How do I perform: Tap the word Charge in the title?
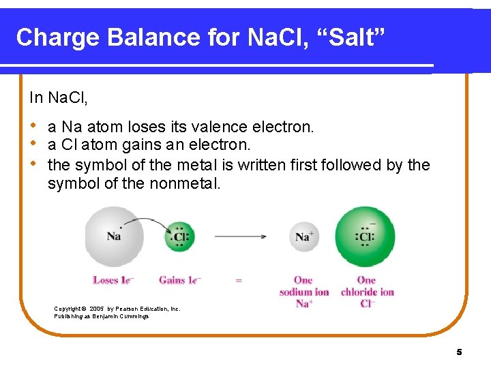[57, 37]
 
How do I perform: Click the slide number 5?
[459, 352]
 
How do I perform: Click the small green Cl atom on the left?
[180, 237]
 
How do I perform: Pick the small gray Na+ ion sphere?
[303, 236]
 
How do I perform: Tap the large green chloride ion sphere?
[366, 236]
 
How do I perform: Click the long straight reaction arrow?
[240, 236]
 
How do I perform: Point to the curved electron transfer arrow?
[147, 222]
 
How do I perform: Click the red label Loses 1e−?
[113, 280]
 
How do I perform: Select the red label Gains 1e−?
[180, 280]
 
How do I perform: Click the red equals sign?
[239, 280]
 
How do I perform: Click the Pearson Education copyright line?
[117, 309]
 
